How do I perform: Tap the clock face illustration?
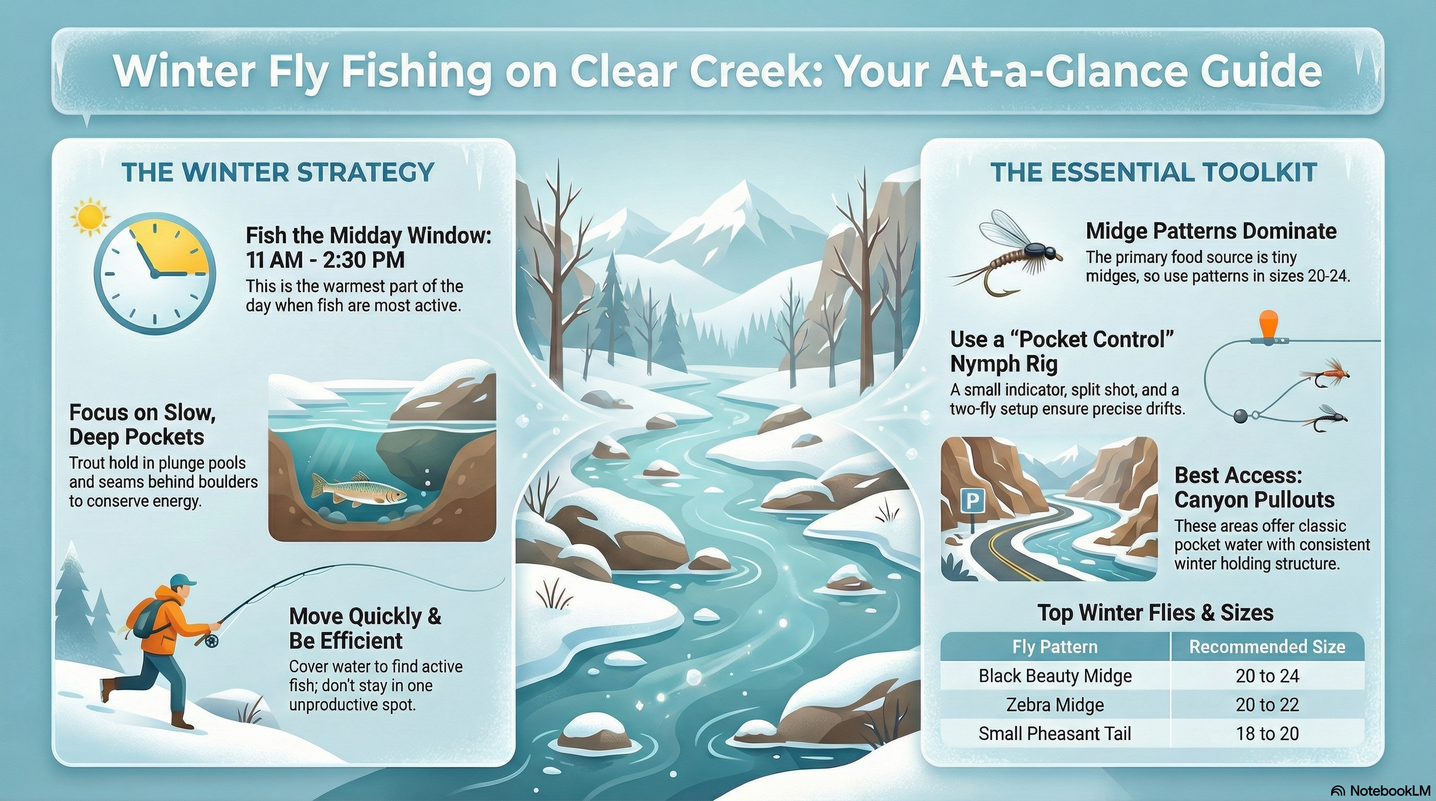coord(154,273)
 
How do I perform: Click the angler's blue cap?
coord(183,580)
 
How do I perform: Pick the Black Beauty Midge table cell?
coord(1055,676)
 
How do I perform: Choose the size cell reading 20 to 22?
coord(1267,705)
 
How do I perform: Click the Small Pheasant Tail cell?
coord(1055,734)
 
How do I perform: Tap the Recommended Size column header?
coord(1267,646)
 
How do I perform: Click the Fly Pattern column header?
coord(1055,647)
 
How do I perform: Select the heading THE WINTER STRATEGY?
coord(278,172)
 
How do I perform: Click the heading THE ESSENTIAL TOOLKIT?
coord(1153,172)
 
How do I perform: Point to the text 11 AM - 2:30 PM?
coord(326,260)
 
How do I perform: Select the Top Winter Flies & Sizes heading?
coord(1155,613)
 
